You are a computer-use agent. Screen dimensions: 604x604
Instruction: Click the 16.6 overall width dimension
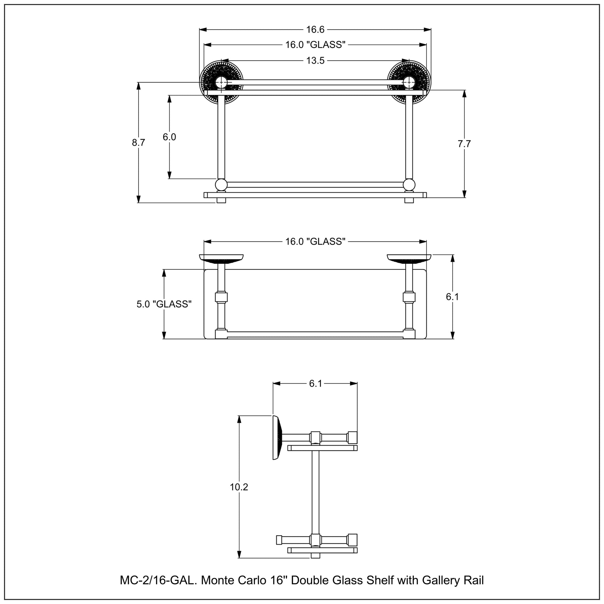(x=315, y=30)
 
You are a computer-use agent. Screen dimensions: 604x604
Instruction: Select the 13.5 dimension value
(x=315, y=60)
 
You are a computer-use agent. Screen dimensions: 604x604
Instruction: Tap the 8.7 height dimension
(x=138, y=143)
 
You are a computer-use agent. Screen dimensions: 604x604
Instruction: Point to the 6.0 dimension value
(x=169, y=137)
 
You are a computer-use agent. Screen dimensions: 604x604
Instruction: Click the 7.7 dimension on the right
(x=464, y=144)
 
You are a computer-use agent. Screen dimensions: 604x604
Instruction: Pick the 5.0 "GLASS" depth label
(x=164, y=304)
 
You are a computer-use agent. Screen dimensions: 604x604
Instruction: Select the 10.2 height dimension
(x=239, y=487)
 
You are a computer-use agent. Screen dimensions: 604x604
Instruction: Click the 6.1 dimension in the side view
(x=315, y=384)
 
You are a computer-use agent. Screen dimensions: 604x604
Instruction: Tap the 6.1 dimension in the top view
(x=452, y=297)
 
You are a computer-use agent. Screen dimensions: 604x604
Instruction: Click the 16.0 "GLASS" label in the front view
(x=315, y=45)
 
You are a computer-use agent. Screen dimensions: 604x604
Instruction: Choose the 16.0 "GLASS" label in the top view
(x=315, y=242)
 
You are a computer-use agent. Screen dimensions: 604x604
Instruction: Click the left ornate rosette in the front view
(x=221, y=82)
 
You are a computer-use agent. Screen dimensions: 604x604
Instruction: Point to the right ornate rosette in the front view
(x=409, y=82)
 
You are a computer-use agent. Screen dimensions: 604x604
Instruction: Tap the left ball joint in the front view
(x=221, y=185)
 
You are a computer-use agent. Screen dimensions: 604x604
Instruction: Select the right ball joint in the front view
(x=409, y=185)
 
